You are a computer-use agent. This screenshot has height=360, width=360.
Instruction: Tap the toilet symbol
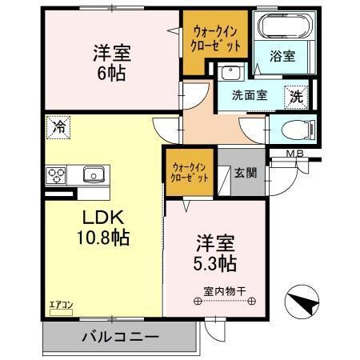(293, 129)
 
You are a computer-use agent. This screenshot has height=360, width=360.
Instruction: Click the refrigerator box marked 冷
(58, 126)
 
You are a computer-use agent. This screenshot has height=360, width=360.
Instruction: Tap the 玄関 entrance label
(245, 172)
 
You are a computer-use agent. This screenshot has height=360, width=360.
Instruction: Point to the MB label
(296, 154)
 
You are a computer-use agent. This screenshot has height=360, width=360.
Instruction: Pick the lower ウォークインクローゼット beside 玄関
(190, 174)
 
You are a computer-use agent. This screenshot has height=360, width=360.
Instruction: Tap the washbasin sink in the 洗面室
(232, 74)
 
